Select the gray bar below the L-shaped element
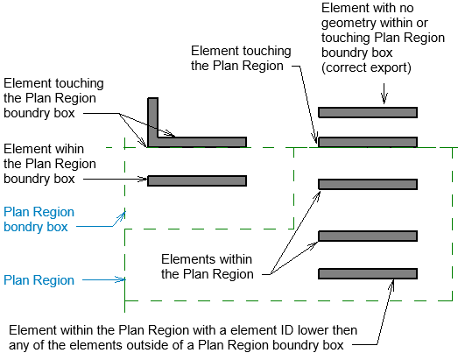197,181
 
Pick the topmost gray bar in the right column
367,112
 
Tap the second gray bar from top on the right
367,141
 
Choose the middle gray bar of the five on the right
367,184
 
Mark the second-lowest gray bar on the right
367,236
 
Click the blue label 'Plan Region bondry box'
39,219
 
